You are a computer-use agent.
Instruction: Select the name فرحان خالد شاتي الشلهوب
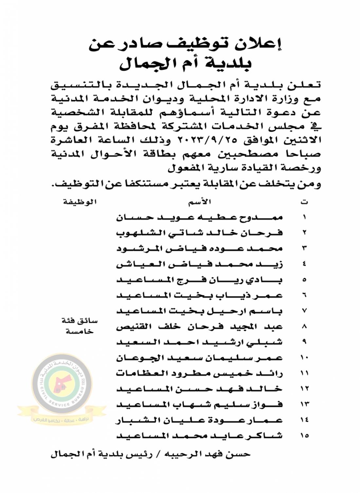point(200,233)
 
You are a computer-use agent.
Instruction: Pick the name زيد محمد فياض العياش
point(200,264)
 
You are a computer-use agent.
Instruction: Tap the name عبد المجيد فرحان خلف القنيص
point(200,326)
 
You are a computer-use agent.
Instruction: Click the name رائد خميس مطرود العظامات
point(200,373)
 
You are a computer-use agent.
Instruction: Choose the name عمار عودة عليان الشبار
point(200,420)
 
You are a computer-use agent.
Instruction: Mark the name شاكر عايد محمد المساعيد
point(200,436)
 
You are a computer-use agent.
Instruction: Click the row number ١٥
point(304,436)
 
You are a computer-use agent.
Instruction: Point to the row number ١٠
point(304,358)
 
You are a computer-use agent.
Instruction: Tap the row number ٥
point(304,280)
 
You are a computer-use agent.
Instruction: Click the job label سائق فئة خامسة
point(80,326)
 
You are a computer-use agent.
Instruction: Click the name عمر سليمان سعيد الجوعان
point(200,358)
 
